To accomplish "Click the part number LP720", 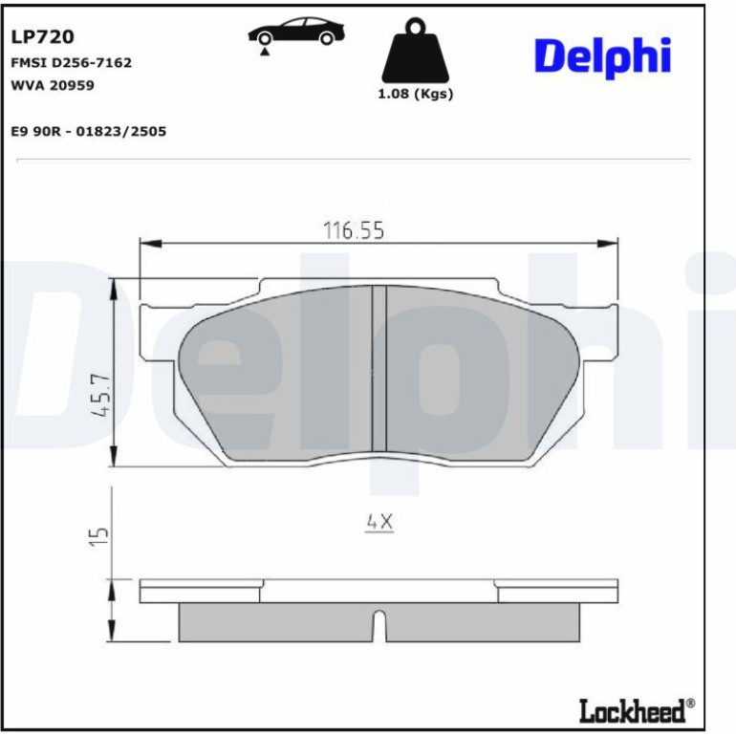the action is (42, 36).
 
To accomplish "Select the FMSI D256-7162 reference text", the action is (72, 62).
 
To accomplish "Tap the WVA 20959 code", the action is (53, 85).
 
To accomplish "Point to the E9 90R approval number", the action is (89, 131).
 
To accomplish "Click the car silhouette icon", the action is (296, 31).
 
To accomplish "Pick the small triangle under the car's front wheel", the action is (265, 52).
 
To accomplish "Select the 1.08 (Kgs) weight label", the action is (416, 94).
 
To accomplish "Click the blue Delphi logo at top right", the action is (603, 56).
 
